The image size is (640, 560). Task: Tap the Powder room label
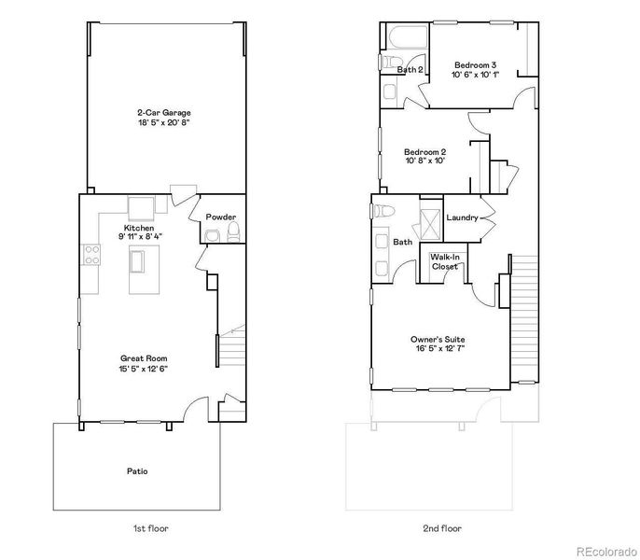(220, 217)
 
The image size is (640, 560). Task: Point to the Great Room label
(144, 362)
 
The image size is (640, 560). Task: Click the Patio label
(137, 471)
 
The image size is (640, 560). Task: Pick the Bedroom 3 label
(475, 69)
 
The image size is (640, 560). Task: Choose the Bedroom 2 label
(424, 156)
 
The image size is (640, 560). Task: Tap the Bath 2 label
(410, 70)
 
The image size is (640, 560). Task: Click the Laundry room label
(463, 218)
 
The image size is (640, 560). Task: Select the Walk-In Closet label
(444, 262)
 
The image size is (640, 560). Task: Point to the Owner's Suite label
(438, 343)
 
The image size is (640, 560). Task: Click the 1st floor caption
(150, 528)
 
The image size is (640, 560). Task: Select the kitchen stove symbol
(91, 254)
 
